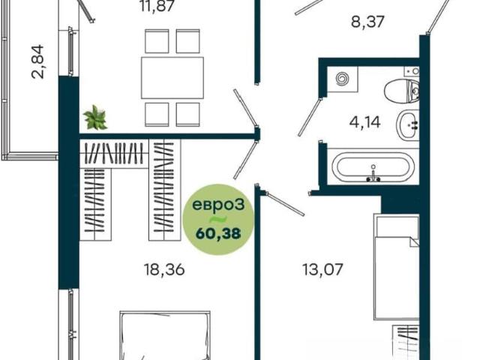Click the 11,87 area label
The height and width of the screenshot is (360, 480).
tap(157, 5)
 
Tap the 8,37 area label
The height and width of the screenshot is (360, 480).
tap(367, 22)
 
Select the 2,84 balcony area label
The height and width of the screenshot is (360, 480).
tap(38, 61)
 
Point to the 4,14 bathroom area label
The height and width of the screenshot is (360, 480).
tap(364, 122)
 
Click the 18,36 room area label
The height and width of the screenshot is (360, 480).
tap(164, 270)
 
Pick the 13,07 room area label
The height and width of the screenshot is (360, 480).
tap(322, 269)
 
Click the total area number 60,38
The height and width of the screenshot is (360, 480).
tap(218, 234)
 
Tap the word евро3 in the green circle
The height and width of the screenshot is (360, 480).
tap(218, 205)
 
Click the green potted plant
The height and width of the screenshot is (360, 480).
tap(95, 118)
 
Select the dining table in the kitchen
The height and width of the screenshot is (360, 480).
tap(172, 78)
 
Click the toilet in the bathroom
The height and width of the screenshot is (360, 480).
tap(402, 91)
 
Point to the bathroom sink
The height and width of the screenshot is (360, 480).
tap(408, 124)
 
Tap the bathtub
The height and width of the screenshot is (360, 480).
tap(373, 166)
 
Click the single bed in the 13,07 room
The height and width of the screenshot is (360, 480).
tap(396, 267)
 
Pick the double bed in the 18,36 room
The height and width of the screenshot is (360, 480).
tap(165, 335)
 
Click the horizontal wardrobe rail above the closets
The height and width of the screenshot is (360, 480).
tap(115, 154)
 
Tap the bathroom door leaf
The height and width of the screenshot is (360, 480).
tap(310, 117)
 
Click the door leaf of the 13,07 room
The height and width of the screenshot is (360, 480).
tap(285, 203)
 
